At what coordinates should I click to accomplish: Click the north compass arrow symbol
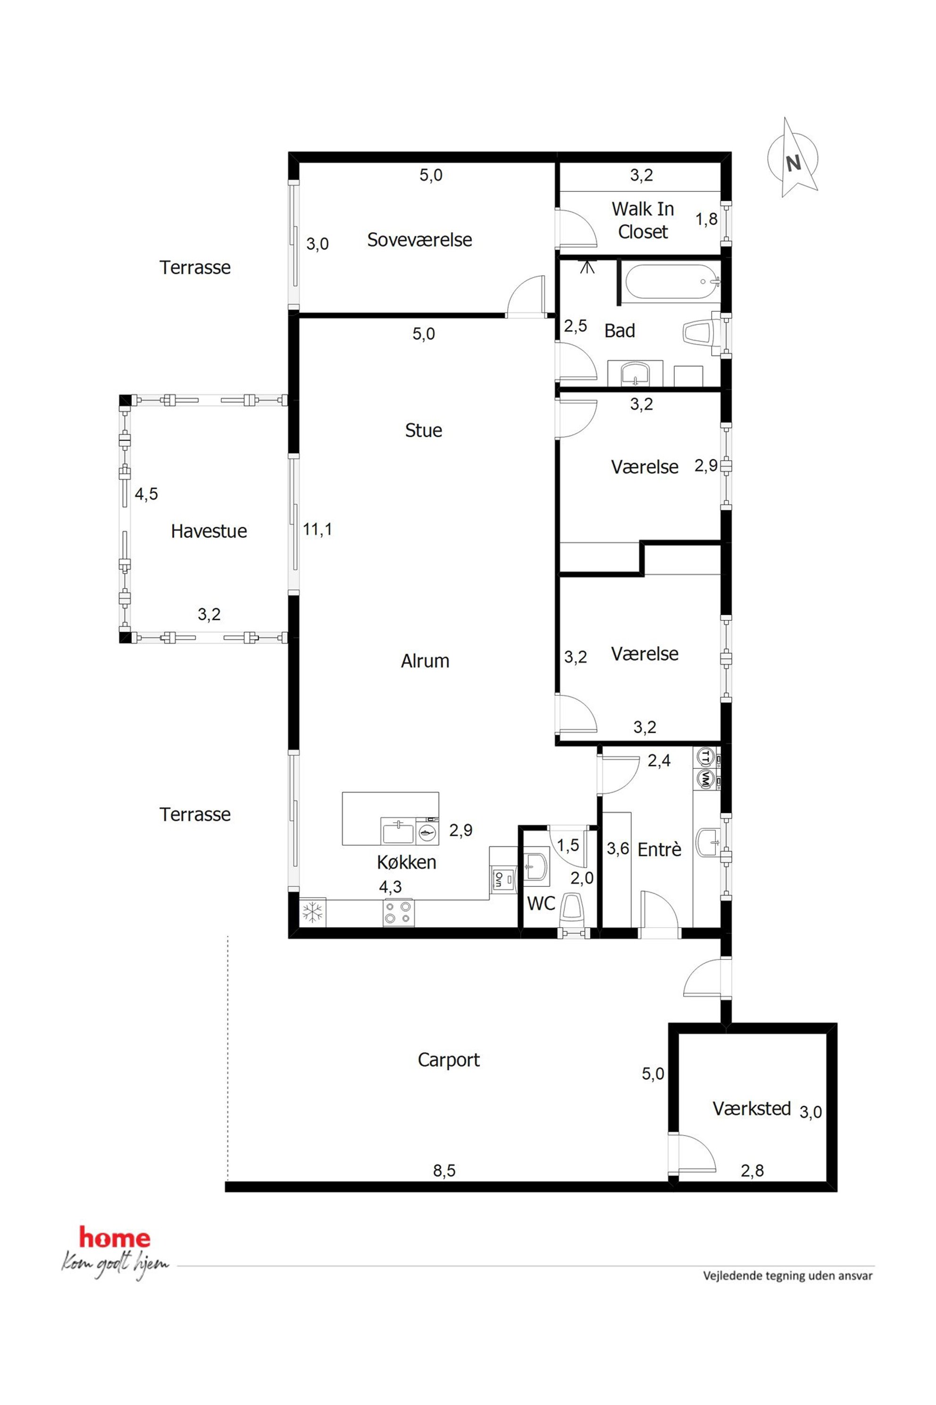click(793, 158)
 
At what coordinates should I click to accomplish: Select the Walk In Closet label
click(643, 220)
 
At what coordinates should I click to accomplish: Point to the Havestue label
click(209, 531)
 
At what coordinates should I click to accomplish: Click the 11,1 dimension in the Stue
click(317, 529)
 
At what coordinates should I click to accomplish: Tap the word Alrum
click(425, 660)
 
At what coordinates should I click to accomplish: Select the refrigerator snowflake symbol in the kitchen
click(312, 912)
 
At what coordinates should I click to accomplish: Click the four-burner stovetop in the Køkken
click(398, 912)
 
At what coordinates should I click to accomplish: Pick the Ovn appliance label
click(498, 879)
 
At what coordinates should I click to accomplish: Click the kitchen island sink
click(397, 831)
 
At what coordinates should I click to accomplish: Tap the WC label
click(541, 903)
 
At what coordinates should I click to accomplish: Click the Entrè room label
click(659, 849)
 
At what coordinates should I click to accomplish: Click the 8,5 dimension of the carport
click(443, 1171)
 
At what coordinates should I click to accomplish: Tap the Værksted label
click(752, 1109)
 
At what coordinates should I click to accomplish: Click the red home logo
click(115, 1238)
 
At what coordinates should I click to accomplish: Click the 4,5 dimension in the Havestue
click(146, 494)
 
